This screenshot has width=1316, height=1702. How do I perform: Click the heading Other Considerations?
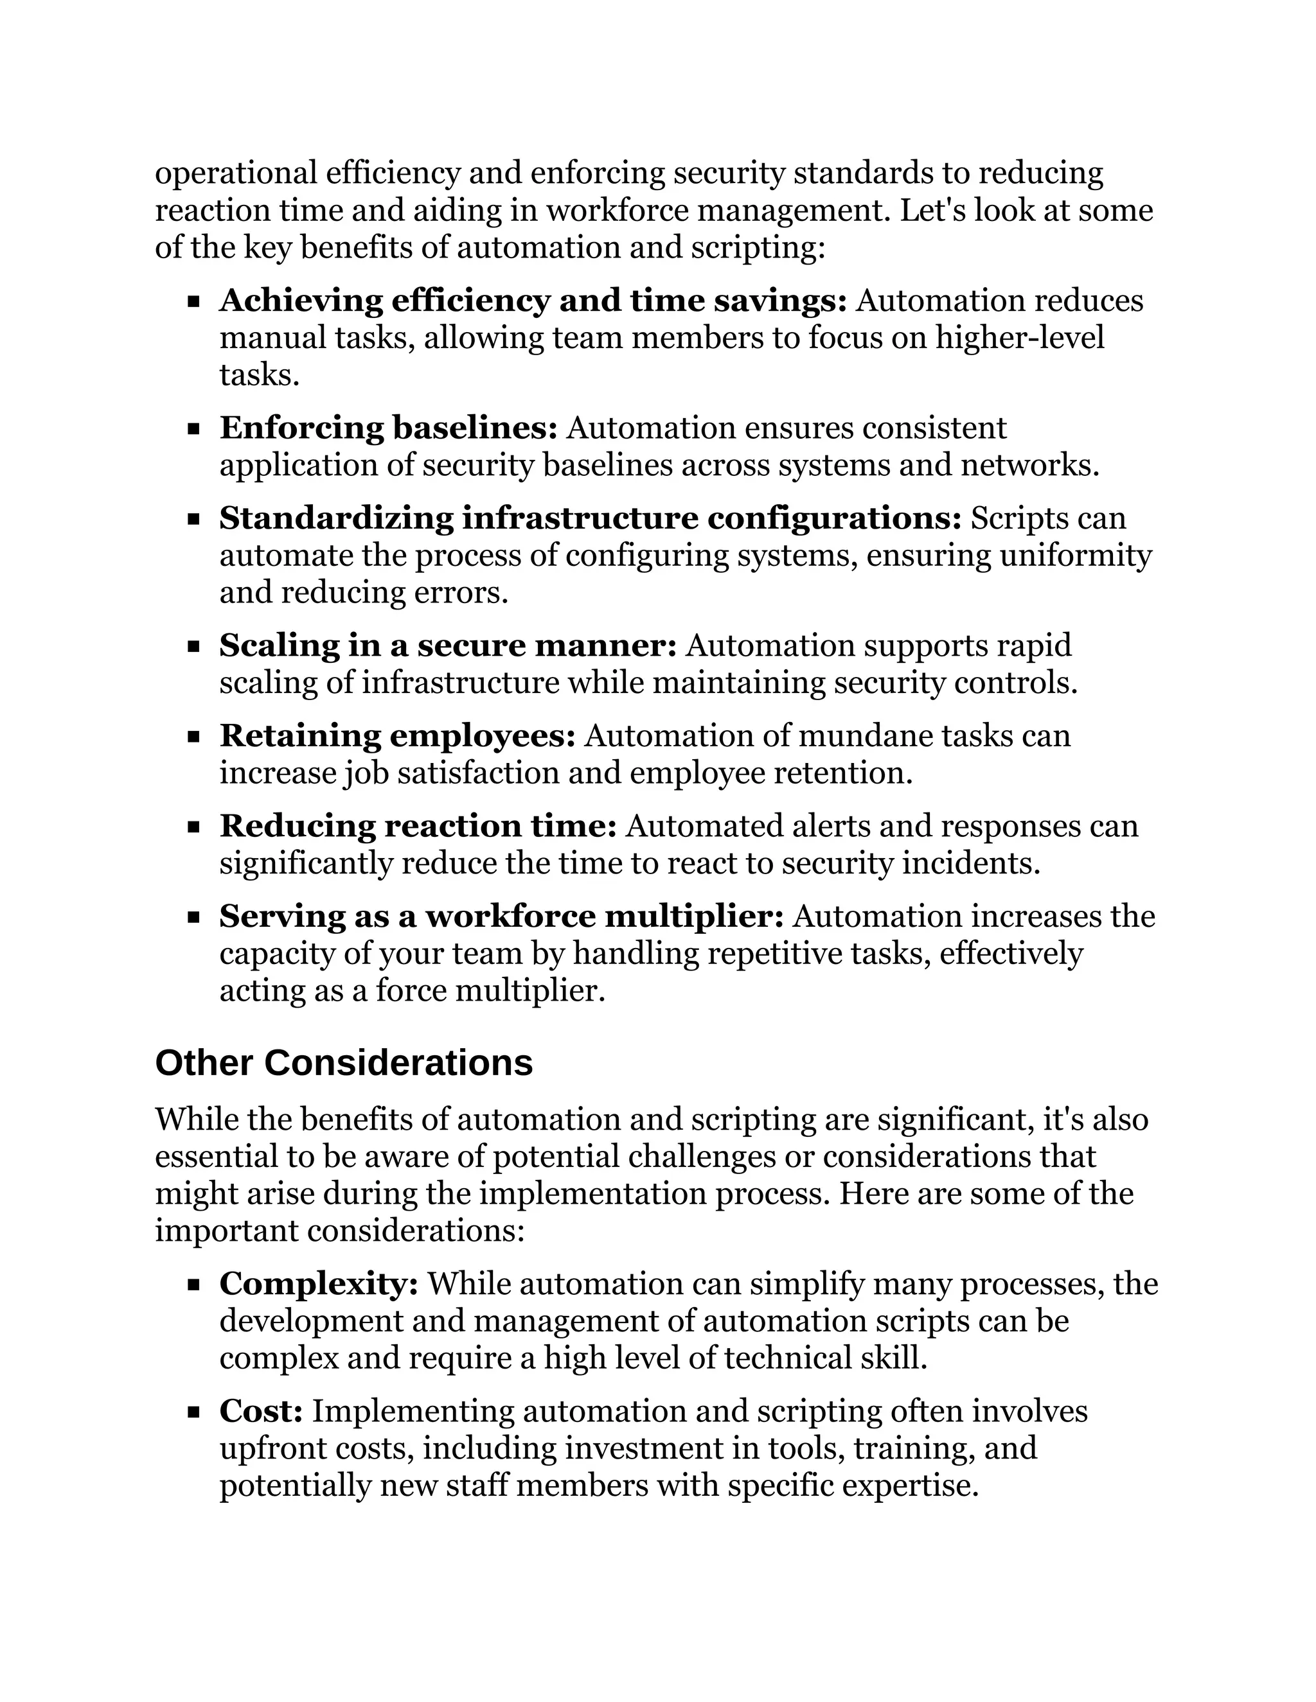(344, 1063)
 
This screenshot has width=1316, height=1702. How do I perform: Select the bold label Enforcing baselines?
(388, 428)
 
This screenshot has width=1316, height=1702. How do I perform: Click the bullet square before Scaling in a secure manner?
(194, 647)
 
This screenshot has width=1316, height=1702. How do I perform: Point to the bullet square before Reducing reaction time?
(194, 827)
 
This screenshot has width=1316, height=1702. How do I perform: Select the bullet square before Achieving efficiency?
(194, 302)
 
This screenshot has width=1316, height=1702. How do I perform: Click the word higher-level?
(1020, 338)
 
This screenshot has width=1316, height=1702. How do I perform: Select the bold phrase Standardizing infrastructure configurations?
(590, 518)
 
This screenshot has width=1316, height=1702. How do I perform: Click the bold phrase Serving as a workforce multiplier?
(501, 917)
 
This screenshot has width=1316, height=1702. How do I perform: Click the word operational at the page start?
(236, 173)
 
